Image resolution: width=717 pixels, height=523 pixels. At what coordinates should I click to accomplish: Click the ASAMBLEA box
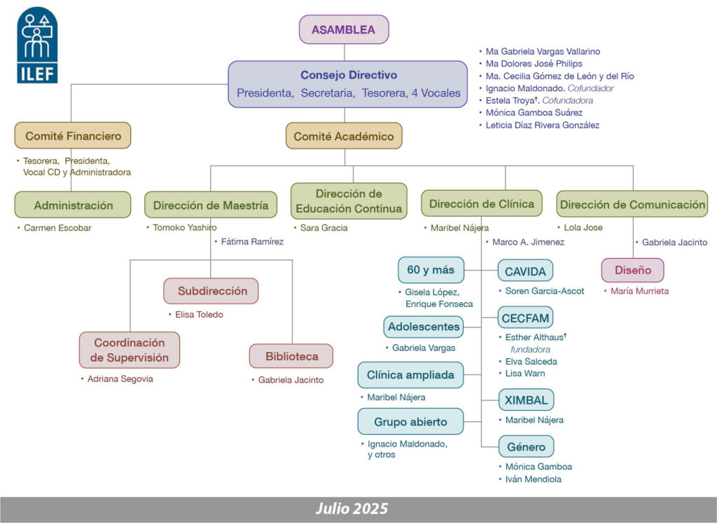[343, 29]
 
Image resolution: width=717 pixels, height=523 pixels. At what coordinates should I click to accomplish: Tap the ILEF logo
[37, 46]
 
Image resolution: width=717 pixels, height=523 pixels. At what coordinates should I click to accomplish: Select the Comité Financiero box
[73, 136]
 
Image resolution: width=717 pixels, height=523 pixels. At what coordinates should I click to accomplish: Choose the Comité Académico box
[344, 136]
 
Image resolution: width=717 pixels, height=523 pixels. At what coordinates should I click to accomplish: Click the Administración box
[73, 205]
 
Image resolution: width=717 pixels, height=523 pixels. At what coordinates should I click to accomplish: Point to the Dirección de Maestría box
[211, 205]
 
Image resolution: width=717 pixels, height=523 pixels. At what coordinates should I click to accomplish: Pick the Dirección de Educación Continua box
[349, 201]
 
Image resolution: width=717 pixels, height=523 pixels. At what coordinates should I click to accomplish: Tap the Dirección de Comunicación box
[632, 205]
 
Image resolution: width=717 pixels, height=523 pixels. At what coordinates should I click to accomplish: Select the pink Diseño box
[632, 270]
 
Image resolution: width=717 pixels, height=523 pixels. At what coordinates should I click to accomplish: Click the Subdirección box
[211, 290]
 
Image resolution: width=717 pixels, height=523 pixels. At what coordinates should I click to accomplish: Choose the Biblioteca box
[291, 356]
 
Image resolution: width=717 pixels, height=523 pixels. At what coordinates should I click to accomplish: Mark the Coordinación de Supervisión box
[129, 350]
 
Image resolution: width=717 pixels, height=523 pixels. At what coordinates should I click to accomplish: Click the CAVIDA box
[525, 270]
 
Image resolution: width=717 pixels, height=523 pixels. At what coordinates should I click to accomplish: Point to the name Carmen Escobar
[58, 228]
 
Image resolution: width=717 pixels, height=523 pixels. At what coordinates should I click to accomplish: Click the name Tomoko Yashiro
[185, 228]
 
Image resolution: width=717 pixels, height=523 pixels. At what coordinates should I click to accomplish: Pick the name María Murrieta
[639, 291]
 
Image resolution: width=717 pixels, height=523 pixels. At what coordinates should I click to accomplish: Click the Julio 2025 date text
[351, 509]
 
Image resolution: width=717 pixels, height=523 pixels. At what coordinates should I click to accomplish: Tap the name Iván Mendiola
[534, 480]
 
